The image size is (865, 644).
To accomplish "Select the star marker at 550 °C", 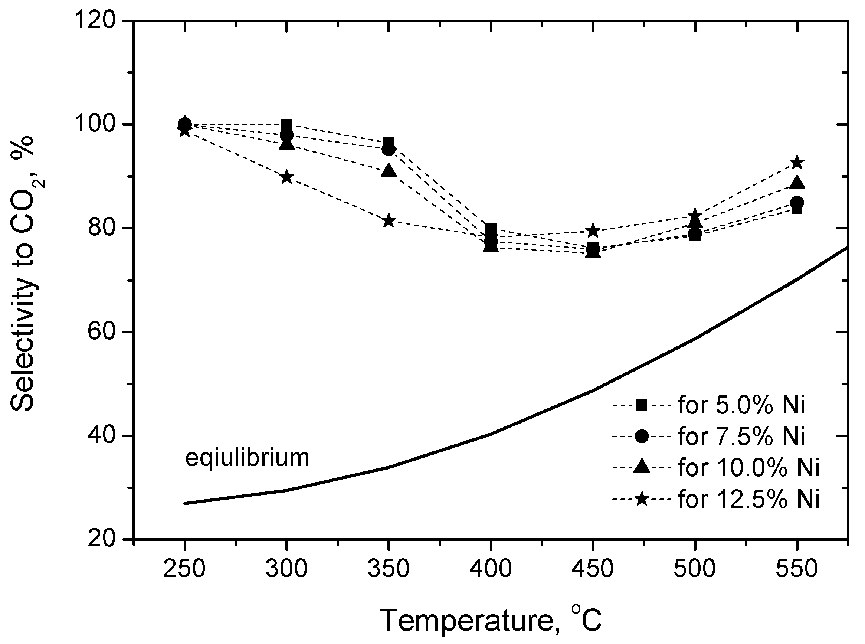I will point(797,163).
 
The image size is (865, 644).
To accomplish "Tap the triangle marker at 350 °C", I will point(389,171).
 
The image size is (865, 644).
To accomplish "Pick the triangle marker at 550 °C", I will point(797,183).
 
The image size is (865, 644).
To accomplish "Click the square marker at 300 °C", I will point(287,125).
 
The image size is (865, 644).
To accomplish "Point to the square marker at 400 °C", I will point(491,229).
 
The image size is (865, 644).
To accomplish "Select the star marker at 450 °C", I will point(593,231).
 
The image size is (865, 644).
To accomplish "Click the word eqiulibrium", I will point(247,458).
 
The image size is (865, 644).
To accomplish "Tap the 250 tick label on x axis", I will point(184,569).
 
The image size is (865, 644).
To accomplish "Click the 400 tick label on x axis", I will point(491,569).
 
